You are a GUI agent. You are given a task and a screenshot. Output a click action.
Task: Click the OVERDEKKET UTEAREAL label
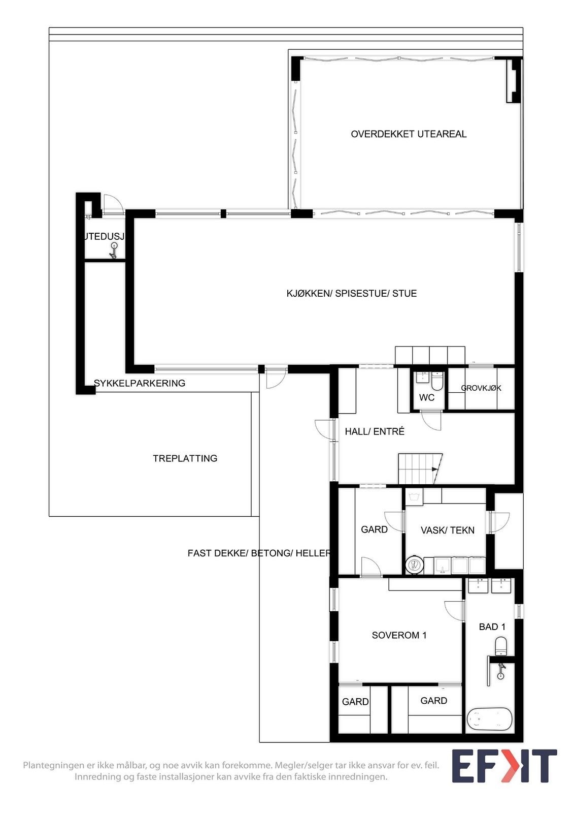(x=409, y=134)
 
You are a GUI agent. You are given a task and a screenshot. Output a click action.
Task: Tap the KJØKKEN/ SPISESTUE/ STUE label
(x=351, y=294)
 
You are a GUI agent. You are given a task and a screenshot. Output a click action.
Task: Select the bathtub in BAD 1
(x=489, y=719)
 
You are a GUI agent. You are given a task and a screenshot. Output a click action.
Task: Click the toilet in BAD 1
(x=501, y=646)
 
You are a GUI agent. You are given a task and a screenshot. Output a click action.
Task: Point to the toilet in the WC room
(x=437, y=381)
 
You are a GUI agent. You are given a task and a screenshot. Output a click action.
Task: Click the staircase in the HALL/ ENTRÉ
(x=420, y=468)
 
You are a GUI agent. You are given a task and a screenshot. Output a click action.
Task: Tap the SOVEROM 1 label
(x=399, y=635)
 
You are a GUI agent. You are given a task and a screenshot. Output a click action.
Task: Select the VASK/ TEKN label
(x=447, y=530)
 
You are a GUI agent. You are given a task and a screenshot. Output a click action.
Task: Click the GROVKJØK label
(x=481, y=388)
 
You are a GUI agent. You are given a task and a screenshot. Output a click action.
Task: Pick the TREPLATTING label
(x=185, y=458)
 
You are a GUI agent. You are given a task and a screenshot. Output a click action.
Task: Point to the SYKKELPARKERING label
(x=140, y=383)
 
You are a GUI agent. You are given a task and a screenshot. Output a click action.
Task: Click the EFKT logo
(x=504, y=766)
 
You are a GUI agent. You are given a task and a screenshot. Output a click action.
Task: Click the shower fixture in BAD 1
(x=501, y=671)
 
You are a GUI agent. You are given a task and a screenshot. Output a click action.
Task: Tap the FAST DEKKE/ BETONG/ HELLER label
(x=259, y=553)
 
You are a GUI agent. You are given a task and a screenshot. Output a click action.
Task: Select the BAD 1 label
(x=492, y=627)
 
